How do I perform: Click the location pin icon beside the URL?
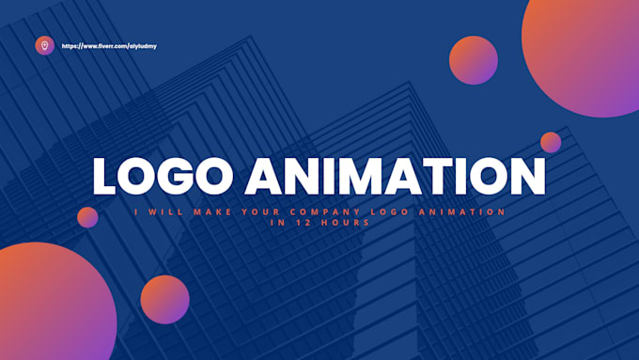point(44,45)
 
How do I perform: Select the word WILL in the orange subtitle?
point(165,211)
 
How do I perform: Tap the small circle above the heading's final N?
point(551,142)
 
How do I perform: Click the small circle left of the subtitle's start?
point(87,217)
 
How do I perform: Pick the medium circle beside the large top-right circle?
point(473,60)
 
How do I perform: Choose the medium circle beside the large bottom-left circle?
point(165,299)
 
